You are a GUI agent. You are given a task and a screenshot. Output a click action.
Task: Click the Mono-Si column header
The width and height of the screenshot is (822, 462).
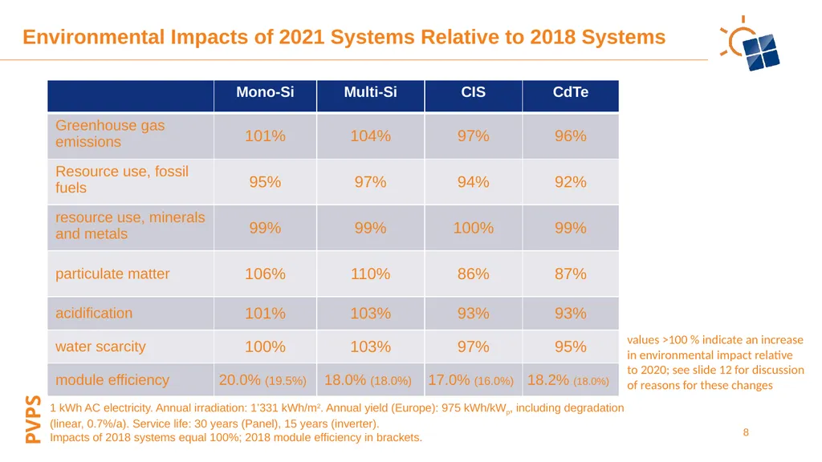265,92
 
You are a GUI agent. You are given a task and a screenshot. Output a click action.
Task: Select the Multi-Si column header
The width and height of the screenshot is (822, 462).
370,92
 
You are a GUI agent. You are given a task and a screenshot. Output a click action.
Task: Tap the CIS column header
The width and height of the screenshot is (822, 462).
473,92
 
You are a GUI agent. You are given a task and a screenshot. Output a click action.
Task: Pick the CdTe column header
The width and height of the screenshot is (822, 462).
571,92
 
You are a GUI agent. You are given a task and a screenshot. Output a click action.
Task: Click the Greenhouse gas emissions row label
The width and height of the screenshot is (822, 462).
110,134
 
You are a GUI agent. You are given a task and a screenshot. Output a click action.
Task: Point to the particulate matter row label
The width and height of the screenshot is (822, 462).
112,274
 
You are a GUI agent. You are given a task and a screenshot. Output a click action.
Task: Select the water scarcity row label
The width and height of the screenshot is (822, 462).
100,346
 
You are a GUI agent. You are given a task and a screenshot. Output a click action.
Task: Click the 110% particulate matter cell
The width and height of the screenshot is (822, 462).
370,274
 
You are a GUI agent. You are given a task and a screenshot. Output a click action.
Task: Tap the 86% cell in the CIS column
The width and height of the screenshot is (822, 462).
473,274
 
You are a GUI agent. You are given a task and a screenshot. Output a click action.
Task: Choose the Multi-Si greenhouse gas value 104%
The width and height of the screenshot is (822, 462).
370,136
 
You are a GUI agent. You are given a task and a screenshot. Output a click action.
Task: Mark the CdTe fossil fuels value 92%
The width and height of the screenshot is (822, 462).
571,182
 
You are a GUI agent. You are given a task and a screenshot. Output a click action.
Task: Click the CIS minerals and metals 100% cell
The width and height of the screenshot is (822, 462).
473,228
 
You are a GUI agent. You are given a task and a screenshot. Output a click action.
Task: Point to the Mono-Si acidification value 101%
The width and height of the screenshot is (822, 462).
265,314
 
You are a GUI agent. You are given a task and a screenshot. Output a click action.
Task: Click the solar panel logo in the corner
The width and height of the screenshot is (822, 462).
751,44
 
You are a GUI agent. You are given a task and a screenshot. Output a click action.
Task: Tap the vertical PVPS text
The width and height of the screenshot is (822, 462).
33,419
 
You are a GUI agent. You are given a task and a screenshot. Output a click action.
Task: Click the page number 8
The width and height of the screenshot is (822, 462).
746,432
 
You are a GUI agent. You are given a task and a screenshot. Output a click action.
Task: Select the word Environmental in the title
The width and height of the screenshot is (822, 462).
93,37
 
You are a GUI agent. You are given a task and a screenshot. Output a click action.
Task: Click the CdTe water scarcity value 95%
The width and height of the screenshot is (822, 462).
571,346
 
